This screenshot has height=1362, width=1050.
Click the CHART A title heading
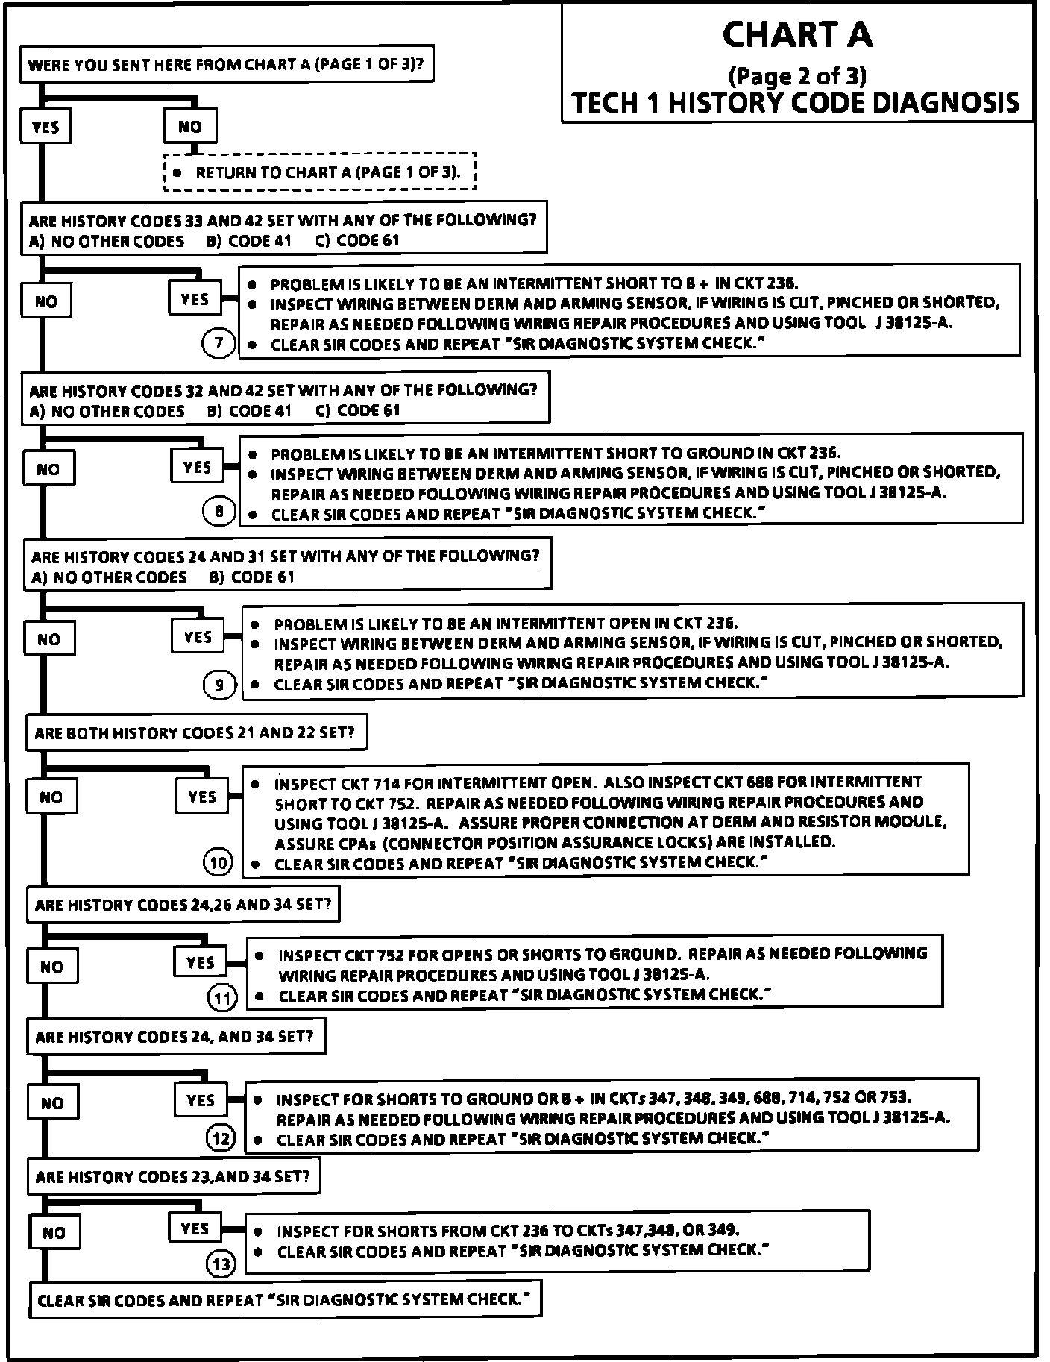[x=797, y=35]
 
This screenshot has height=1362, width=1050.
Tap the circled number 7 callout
[x=219, y=344]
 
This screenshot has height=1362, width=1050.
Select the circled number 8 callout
[x=219, y=512]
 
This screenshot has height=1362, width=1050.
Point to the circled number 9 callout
[x=219, y=684]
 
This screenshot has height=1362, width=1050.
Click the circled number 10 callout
[x=219, y=863]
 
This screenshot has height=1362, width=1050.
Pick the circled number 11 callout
[x=221, y=997]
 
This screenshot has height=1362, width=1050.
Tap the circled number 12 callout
[x=221, y=1139]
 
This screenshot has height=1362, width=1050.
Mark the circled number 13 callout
[x=221, y=1264]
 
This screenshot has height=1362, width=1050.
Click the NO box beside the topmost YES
[x=190, y=127]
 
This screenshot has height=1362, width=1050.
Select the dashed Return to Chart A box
[x=320, y=172]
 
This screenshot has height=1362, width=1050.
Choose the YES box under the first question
[x=45, y=127]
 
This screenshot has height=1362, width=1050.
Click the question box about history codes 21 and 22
[x=196, y=733]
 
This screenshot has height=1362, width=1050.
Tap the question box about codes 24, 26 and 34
[x=183, y=905]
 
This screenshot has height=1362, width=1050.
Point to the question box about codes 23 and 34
[x=173, y=1177]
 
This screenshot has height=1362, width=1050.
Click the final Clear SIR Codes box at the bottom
[x=284, y=1300]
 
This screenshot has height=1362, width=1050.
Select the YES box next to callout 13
[x=195, y=1228]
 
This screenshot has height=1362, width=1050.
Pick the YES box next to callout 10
[x=202, y=797]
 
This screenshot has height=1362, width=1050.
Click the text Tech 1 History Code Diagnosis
[x=796, y=102]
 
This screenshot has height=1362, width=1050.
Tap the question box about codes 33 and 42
[x=283, y=230]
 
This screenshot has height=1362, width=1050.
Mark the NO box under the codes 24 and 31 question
[x=48, y=639]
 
